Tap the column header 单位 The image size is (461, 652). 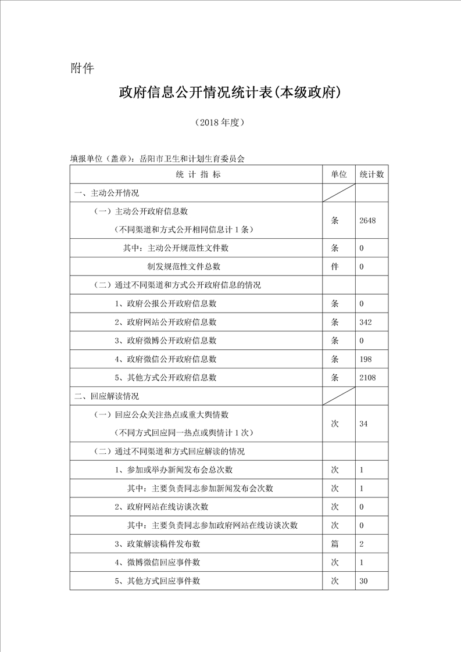tap(338, 174)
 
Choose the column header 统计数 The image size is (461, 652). tap(371, 174)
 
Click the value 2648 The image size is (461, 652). tap(368, 220)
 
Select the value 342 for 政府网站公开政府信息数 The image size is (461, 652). tap(366, 322)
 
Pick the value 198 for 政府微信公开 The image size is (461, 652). tap(366, 359)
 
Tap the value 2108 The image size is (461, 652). tap(368, 378)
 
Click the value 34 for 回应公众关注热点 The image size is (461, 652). tap(364, 424)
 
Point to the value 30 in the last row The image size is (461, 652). tap(364, 581)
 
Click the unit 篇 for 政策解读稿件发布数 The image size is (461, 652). tap(335, 544)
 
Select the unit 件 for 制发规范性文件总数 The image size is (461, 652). tap(335, 267)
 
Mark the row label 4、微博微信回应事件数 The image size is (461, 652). tap(158, 563)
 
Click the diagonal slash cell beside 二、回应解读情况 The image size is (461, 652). tap(338, 396)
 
